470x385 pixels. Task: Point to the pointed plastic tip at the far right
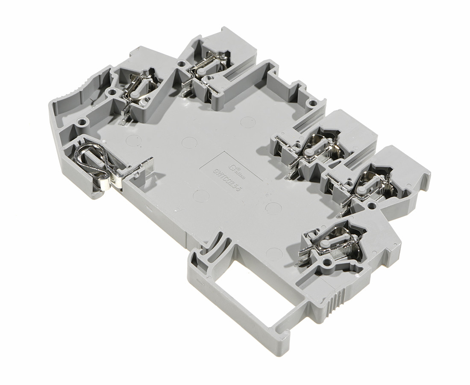click(427, 175)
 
